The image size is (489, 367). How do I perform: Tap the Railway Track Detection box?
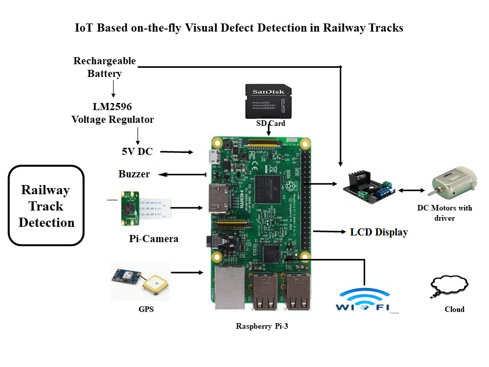coord(46,206)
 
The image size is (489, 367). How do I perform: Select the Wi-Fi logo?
coord(363,300)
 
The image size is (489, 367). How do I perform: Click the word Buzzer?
coord(134,174)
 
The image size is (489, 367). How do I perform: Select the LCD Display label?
coord(379,232)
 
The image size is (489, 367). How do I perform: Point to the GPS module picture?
coord(141,281)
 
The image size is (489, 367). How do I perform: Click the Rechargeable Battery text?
coord(104,67)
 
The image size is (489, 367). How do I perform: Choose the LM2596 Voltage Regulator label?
coord(113,113)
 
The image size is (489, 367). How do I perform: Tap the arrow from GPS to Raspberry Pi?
coord(187,273)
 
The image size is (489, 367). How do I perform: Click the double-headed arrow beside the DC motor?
coord(412,190)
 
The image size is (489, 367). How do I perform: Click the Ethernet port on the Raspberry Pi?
coord(230,288)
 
